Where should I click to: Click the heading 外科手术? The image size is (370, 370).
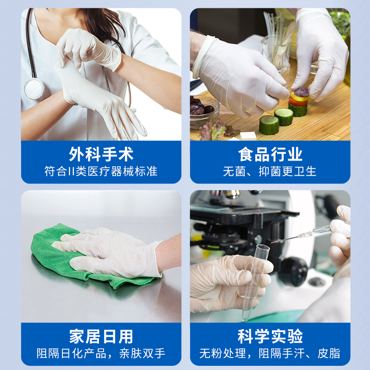101,154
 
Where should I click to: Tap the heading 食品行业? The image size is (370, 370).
270,154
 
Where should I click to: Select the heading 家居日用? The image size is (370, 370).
101,336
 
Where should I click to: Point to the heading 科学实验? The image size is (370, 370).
270,336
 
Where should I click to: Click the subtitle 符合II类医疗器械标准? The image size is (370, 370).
101,171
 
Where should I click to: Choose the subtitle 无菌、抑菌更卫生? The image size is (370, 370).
270,171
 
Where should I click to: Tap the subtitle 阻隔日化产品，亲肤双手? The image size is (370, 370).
101,353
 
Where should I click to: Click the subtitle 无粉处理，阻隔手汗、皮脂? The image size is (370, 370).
270,353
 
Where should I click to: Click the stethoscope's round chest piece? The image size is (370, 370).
34,89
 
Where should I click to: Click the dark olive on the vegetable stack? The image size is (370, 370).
302,92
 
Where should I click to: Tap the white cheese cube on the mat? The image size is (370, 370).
248,136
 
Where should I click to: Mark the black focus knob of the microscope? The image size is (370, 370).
293,271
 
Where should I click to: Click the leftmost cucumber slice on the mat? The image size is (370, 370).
269,125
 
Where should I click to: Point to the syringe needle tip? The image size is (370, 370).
271,242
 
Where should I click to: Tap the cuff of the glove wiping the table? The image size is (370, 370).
158,259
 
